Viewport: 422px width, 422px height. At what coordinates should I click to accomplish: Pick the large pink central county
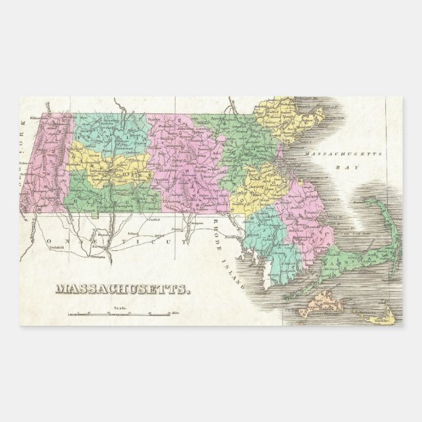tap(187, 164)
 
